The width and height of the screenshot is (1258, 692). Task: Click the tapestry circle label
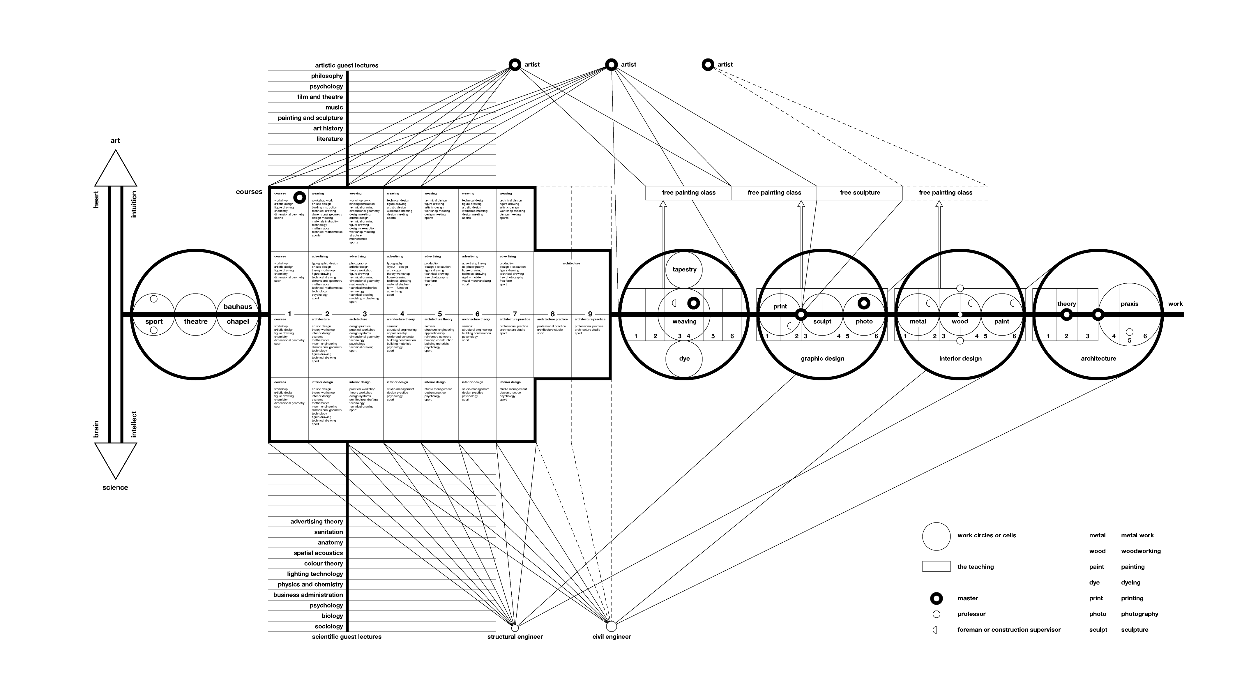click(684, 270)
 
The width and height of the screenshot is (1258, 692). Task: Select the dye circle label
click(684, 359)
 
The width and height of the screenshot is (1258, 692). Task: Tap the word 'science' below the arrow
click(115, 487)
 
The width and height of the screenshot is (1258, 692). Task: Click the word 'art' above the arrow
click(115, 141)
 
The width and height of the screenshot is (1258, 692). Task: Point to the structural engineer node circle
click(515, 628)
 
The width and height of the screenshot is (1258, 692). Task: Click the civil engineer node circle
click(612, 626)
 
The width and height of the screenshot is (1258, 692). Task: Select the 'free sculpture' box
click(860, 193)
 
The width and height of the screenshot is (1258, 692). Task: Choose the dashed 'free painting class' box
click(946, 193)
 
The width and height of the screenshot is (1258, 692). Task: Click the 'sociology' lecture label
click(329, 626)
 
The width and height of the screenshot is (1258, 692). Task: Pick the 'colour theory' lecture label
click(323, 564)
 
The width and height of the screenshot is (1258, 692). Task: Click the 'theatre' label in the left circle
click(196, 321)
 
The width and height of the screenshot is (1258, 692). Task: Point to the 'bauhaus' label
click(238, 307)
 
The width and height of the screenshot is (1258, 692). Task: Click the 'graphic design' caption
click(822, 359)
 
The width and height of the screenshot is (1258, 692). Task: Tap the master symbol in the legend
click(936, 598)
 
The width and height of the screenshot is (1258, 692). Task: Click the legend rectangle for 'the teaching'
click(936, 566)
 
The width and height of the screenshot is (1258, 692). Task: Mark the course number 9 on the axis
click(590, 314)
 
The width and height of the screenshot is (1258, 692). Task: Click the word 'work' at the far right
click(1176, 304)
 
